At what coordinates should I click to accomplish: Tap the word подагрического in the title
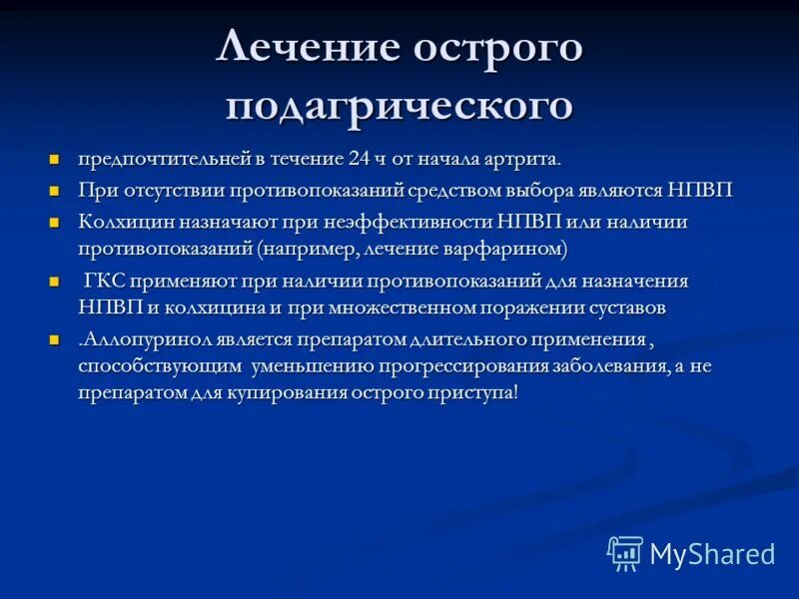click(399, 105)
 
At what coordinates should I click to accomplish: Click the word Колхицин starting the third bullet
click(121, 222)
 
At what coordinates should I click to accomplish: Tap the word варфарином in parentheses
click(515, 248)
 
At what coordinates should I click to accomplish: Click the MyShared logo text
click(712, 553)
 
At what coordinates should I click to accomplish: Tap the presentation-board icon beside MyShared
click(625, 553)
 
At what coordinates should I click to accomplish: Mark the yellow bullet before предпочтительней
click(55, 160)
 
